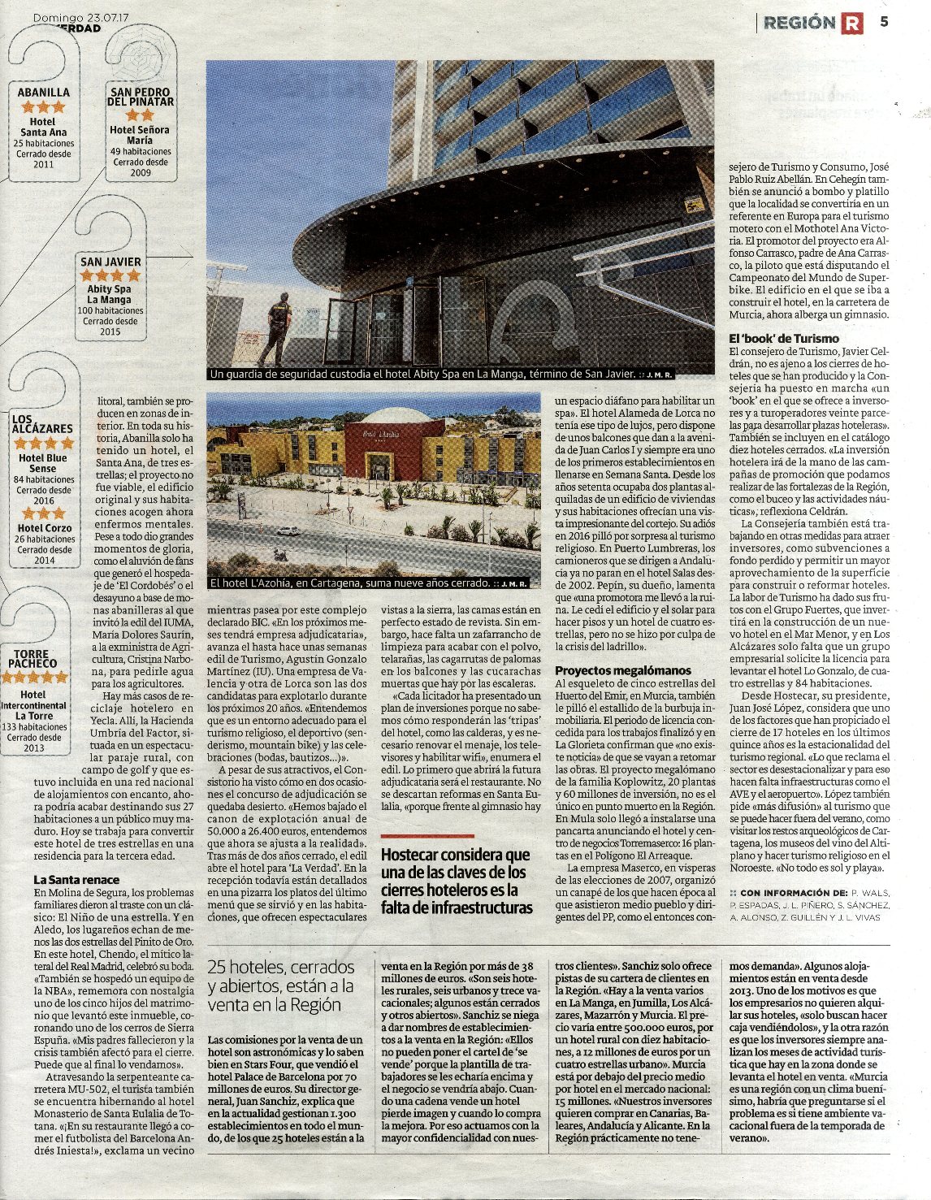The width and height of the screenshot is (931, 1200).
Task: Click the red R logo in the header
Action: [851, 24]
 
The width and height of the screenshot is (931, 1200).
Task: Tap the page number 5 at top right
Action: [884, 22]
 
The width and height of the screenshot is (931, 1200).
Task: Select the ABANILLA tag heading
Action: [44, 93]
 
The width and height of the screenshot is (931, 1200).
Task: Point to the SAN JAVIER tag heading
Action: [110, 262]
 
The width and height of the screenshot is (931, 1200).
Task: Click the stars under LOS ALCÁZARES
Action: [43, 444]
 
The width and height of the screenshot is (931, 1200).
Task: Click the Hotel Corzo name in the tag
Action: [44, 528]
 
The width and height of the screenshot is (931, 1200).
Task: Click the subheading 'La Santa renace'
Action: [76, 880]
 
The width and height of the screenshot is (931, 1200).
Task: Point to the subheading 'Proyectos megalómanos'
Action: [623, 670]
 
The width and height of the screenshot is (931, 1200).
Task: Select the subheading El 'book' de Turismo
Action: [783, 338]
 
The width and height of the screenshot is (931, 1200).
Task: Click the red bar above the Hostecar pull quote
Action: [427, 836]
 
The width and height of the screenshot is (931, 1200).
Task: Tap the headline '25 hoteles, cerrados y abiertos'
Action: [281, 986]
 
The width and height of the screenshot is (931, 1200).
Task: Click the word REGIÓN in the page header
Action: [799, 24]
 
